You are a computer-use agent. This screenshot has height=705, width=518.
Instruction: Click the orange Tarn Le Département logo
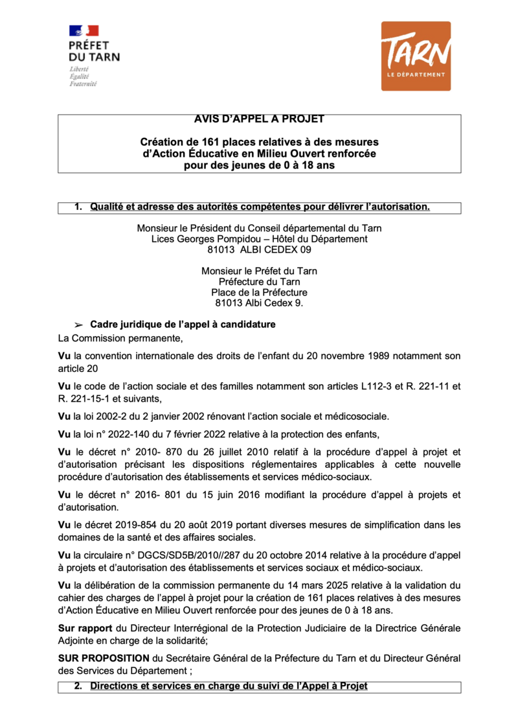(416, 56)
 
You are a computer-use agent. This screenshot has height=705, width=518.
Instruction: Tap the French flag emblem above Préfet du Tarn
(84, 30)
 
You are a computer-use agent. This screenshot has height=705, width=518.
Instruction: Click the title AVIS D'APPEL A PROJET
(259, 120)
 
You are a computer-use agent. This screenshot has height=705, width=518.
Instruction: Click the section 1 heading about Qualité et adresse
(260, 207)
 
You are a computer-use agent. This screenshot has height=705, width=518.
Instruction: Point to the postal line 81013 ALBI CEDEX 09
(259, 249)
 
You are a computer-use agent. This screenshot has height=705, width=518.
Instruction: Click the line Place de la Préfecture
(259, 292)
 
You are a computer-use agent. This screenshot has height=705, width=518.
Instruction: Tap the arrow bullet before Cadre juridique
(79, 325)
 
